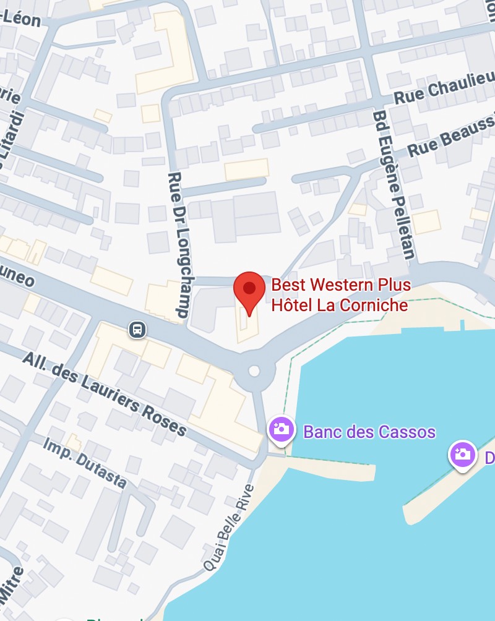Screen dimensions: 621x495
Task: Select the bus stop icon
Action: coord(137,329)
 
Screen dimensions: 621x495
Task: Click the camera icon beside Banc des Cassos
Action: coord(281,429)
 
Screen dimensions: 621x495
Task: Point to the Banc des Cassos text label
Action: coord(369,431)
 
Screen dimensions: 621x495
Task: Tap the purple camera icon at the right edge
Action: coord(462,455)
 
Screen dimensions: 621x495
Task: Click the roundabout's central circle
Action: coord(254,371)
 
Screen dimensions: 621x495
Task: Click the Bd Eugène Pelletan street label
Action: coord(394,186)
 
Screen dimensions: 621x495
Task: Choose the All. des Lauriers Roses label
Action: coord(105,393)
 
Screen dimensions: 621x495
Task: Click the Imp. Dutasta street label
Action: coord(85,461)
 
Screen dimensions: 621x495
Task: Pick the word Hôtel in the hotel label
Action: coord(293,305)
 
